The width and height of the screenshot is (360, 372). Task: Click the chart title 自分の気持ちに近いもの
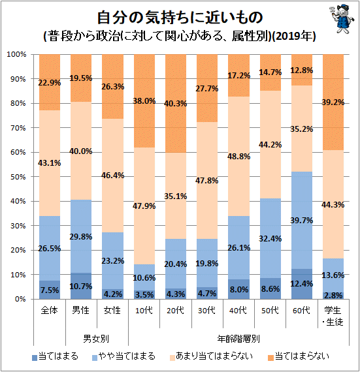point(180,17)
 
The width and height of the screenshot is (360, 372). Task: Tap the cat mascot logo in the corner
point(341,18)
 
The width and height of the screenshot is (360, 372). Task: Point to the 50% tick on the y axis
point(18,177)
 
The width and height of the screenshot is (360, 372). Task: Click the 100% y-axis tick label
point(16,55)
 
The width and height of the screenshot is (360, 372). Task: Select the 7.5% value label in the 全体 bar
point(50,290)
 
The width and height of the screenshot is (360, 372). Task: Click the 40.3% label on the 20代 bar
point(176,104)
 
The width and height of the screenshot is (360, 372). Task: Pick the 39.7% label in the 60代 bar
point(302,221)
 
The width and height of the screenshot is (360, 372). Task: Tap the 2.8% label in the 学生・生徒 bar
point(333,296)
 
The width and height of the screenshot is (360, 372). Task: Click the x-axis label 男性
point(81,310)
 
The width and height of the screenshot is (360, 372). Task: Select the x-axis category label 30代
point(207,310)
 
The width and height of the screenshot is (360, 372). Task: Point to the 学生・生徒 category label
point(333,316)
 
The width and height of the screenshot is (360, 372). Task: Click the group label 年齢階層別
point(238,339)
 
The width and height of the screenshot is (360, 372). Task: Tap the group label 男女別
point(96,339)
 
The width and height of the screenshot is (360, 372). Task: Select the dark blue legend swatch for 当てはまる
point(35,358)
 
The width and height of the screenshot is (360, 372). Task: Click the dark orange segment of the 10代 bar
point(144,101)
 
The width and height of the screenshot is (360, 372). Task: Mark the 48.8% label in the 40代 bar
point(238,157)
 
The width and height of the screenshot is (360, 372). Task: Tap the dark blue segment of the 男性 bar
point(81,286)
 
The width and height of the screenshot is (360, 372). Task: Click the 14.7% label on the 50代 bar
point(270,72)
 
